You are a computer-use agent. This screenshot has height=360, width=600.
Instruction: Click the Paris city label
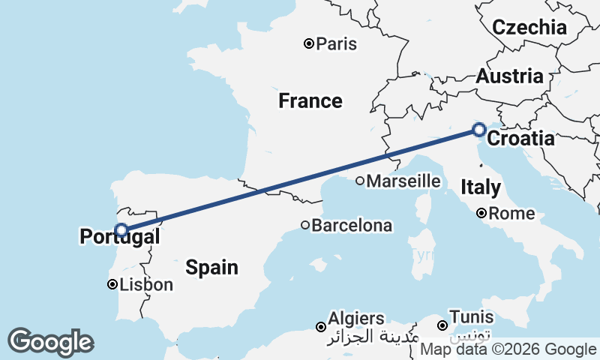pyautogui.click(x=336, y=44)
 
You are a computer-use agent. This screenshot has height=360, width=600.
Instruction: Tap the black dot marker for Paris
pyautogui.click(x=308, y=43)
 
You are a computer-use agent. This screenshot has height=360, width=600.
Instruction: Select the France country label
pyautogui.click(x=310, y=100)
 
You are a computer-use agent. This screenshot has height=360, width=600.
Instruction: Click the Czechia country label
pyautogui.click(x=529, y=28)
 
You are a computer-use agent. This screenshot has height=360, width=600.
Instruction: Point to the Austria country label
pyautogui.click(x=510, y=76)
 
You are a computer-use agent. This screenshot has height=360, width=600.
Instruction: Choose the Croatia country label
pyautogui.click(x=521, y=139)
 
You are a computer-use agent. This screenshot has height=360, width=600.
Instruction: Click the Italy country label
pyautogui.click(x=481, y=187)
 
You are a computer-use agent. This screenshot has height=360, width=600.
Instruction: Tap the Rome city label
pyautogui.click(x=511, y=214)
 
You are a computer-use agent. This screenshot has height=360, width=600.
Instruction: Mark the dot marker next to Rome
pyautogui.click(x=482, y=214)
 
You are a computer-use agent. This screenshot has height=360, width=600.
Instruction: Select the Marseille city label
pyautogui.click(x=403, y=181)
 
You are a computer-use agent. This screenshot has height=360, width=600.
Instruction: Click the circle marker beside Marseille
pyautogui.click(x=360, y=181)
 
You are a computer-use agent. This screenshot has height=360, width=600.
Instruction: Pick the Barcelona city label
pyautogui.click(x=352, y=225)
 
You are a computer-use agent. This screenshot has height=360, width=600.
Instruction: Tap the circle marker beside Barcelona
pyautogui.click(x=305, y=225)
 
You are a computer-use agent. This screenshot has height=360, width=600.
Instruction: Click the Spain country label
pyautogui.click(x=212, y=266)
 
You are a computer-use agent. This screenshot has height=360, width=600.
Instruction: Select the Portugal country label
pyautogui.click(x=119, y=238)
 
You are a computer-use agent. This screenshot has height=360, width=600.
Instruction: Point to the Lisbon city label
pyautogui.click(x=146, y=285)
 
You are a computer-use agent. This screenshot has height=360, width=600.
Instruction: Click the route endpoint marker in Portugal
pyautogui.click(x=121, y=229)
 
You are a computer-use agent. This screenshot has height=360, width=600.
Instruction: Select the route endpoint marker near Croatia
pyautogui.click(x=479, y=130)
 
